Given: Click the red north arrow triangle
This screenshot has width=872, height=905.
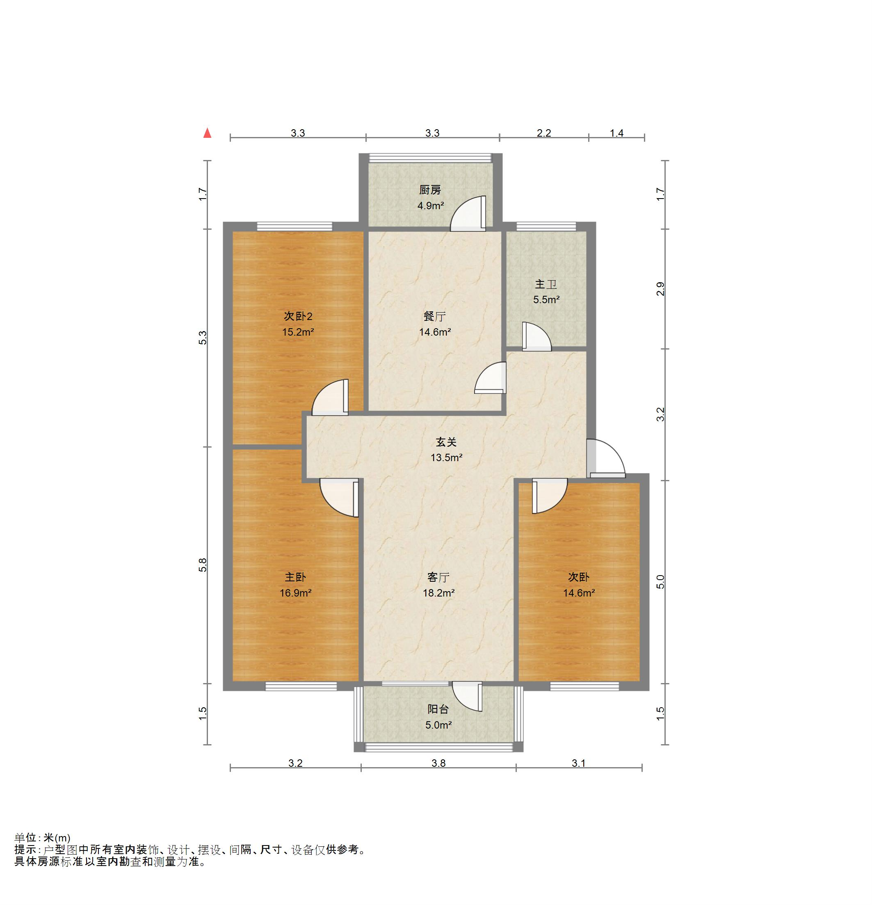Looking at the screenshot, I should [208, 133].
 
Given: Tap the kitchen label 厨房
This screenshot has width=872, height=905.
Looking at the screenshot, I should [430, 190].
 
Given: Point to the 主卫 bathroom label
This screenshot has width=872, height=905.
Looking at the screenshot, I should [546, 284].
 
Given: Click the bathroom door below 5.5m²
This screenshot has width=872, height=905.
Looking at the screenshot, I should [536, 336].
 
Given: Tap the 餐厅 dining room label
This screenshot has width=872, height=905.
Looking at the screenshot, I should [434, 316].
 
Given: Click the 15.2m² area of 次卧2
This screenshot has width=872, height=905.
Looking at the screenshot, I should [298, 332].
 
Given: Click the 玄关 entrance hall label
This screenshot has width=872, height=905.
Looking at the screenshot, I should [446, 442].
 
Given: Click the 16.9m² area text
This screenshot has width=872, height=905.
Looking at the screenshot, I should [295, 593].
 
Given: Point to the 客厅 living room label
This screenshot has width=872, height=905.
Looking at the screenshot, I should [438, 577].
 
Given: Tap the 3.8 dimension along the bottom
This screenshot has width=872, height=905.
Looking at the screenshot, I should [438, 763].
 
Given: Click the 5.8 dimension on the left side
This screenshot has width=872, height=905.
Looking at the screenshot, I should [203, 566].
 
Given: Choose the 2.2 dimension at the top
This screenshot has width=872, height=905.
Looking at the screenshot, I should [544, 133].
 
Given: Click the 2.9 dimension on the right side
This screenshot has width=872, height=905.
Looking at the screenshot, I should [661, 288].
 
